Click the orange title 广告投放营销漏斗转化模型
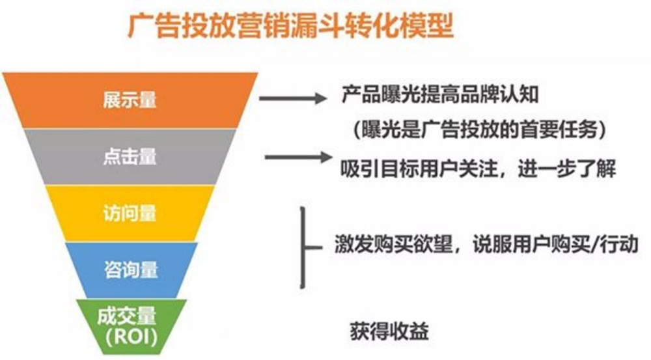coord(290,26)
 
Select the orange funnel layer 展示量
coord(130,100)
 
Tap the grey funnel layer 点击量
coord(130,156)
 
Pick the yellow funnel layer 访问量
coord(130,214)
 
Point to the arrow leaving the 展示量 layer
coord(293,98)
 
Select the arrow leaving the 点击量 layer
coord(298,157)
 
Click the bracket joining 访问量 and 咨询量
coord(304,247)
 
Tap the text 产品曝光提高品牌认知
coord(440,94)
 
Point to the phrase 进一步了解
coord(567,169)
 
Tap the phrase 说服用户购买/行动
coord(555,243)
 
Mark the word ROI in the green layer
coord(131,337)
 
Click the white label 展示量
coord(130,100)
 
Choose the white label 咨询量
coord(131,270)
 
